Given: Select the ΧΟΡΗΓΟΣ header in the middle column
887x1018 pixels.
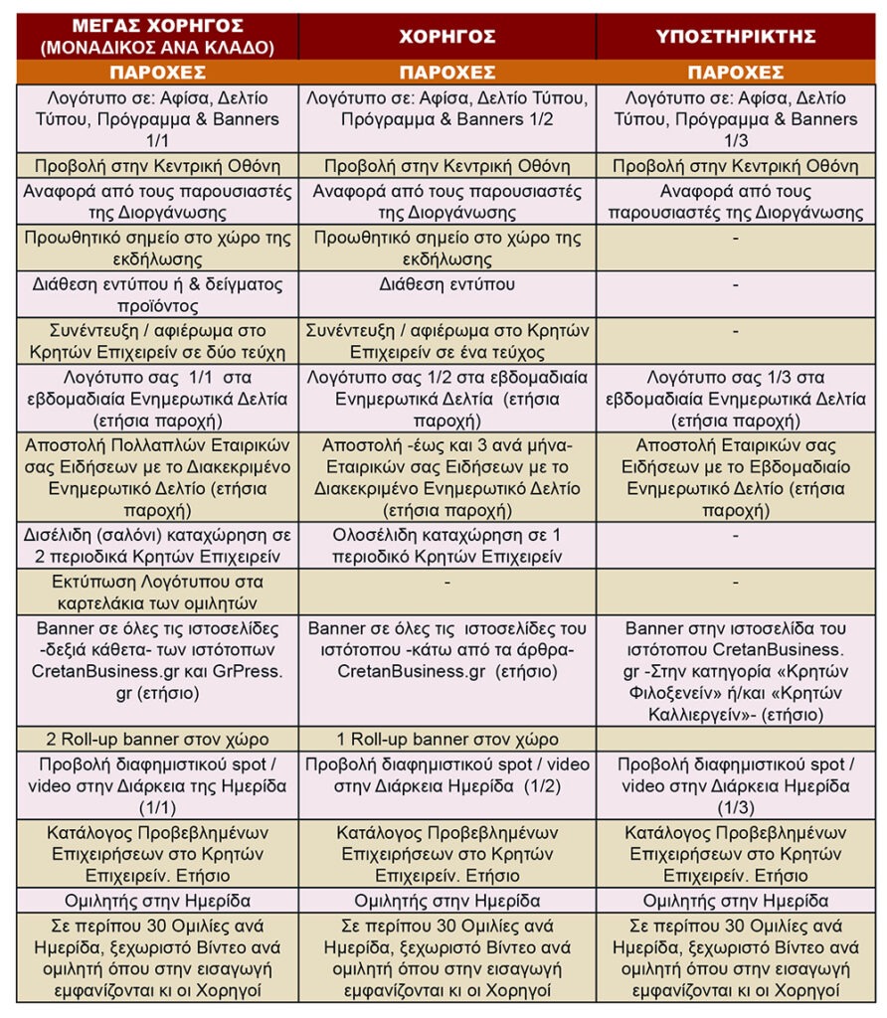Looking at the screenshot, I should click(x=446, y=36).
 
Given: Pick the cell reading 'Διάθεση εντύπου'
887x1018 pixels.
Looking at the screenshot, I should click(x=446, y=283).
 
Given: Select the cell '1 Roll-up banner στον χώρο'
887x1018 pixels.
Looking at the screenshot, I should click(x=446, y=739).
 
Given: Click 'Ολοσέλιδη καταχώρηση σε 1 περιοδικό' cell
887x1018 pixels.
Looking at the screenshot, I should click(x=446, y=546).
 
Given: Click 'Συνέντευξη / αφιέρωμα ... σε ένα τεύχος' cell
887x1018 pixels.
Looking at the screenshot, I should click(x=446, y=341).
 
